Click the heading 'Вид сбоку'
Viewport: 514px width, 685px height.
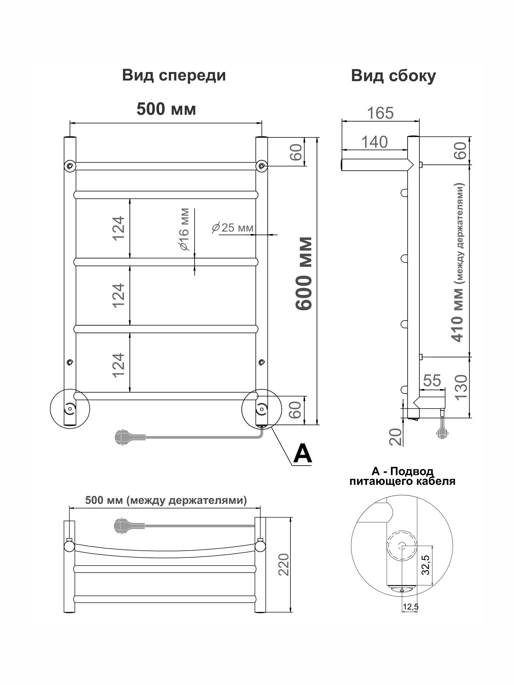pyautogui.click(x=393, y=76)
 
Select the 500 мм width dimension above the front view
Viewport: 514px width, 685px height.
pyautogui.click(x=166, y=109)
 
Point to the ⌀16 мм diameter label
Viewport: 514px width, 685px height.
pyautogui.click(x=184, y=229)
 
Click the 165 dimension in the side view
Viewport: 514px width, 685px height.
pyautogui.click(x=380, y=113)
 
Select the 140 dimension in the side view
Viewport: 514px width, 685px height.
pyautogui.click(x=374, y=142)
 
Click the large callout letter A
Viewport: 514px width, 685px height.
pyautogui.click(x=303, y=453)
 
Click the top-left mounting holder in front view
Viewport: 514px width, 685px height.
pyautogui.click(x=70, y=166)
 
